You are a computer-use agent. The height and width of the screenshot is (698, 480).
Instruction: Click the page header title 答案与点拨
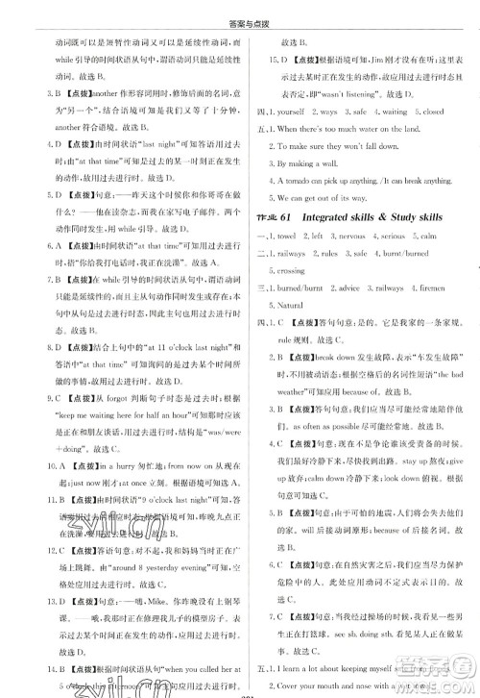pyautogui.click(x=239, y=12)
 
